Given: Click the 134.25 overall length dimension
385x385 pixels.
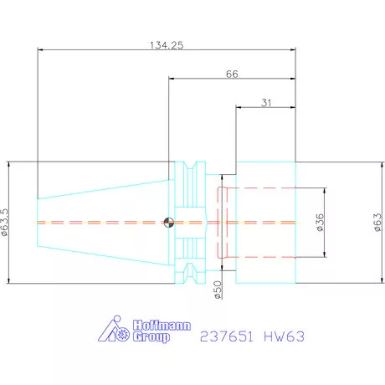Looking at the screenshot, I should pos(165,44).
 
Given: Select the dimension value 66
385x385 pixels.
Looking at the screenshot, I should pos(233,74).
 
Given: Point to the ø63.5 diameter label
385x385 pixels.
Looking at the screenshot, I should pos(7,221).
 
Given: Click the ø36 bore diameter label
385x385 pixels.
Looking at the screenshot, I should pos(321,222).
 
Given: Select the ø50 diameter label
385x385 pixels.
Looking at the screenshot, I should pos(218,290).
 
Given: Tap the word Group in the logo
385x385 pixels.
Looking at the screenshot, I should pos(150,338).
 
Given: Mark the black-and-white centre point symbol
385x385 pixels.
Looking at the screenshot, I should pos(170,222).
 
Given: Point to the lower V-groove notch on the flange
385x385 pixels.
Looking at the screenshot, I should pos(191,275).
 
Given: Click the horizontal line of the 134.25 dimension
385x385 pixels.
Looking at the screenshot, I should pos(100,50).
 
